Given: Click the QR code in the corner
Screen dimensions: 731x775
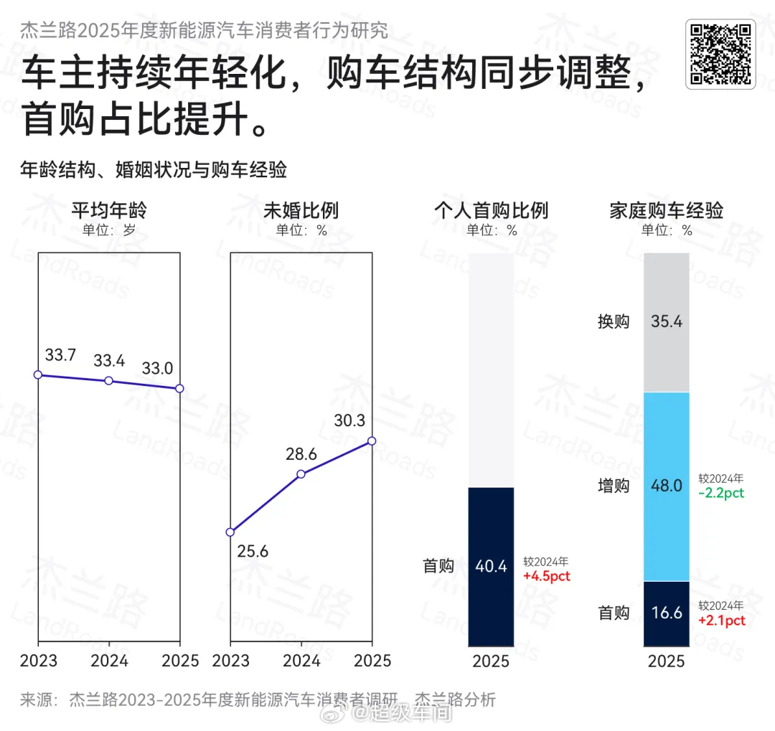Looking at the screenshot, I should (x=720, y=55).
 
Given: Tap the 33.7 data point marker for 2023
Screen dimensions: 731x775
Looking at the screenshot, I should (x=38, y=374).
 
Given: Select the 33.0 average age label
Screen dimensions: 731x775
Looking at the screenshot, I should (x=157, y=369).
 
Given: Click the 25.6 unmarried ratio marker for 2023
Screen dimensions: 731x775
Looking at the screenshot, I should (x=230, y=532).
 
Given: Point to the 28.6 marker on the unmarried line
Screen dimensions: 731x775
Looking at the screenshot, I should (x=301, y=474).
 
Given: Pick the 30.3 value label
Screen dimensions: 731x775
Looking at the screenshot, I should (x=349, y=421).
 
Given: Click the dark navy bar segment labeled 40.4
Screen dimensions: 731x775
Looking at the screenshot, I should (x=492, y=567).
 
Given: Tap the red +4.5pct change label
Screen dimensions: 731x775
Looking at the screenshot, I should (x=547, y=576).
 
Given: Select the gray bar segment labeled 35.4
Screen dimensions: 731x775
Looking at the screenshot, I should (x=667, y=322).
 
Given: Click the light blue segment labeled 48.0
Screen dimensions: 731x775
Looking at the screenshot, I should (x=667, y=486).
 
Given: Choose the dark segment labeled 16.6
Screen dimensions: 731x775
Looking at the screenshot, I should (x=667, y=613).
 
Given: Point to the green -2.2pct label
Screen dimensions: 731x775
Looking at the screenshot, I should (x=721, y=494).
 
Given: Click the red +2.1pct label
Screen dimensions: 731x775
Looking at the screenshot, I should (x=721, y=621).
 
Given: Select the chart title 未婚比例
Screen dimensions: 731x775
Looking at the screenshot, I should (x=301, y=211).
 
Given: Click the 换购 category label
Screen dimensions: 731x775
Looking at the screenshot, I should (x=614, y=321).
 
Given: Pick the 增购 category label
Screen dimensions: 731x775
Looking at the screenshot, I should (x=614, y=486).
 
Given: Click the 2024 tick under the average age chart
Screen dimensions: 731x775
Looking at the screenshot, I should (x=109, y=661).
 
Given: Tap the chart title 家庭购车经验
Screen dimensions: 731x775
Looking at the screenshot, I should (x=667, y=211).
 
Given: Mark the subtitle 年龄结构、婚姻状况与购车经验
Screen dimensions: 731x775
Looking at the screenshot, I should (x=154, y=170).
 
